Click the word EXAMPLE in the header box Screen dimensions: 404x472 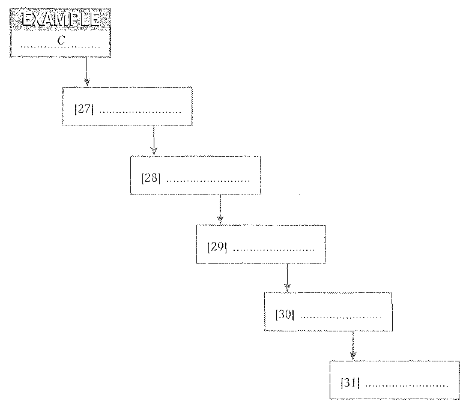[60, 20]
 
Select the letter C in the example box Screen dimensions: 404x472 [61, 40]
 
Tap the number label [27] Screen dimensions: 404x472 [83, 109]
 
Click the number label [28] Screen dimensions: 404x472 [151, 178]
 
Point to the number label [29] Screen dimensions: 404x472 [217, 247]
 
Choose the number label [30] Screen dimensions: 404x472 [285, 315]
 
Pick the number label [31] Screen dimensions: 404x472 [350, 382]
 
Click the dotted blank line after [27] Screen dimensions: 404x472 [140, 112]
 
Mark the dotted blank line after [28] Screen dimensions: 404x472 [207, 181]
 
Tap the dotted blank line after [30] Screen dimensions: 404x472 [340, 317]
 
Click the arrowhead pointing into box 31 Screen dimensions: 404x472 [353, 356]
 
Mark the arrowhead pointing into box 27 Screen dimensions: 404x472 [86, 82]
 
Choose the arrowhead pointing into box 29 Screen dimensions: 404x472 [220, 220]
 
